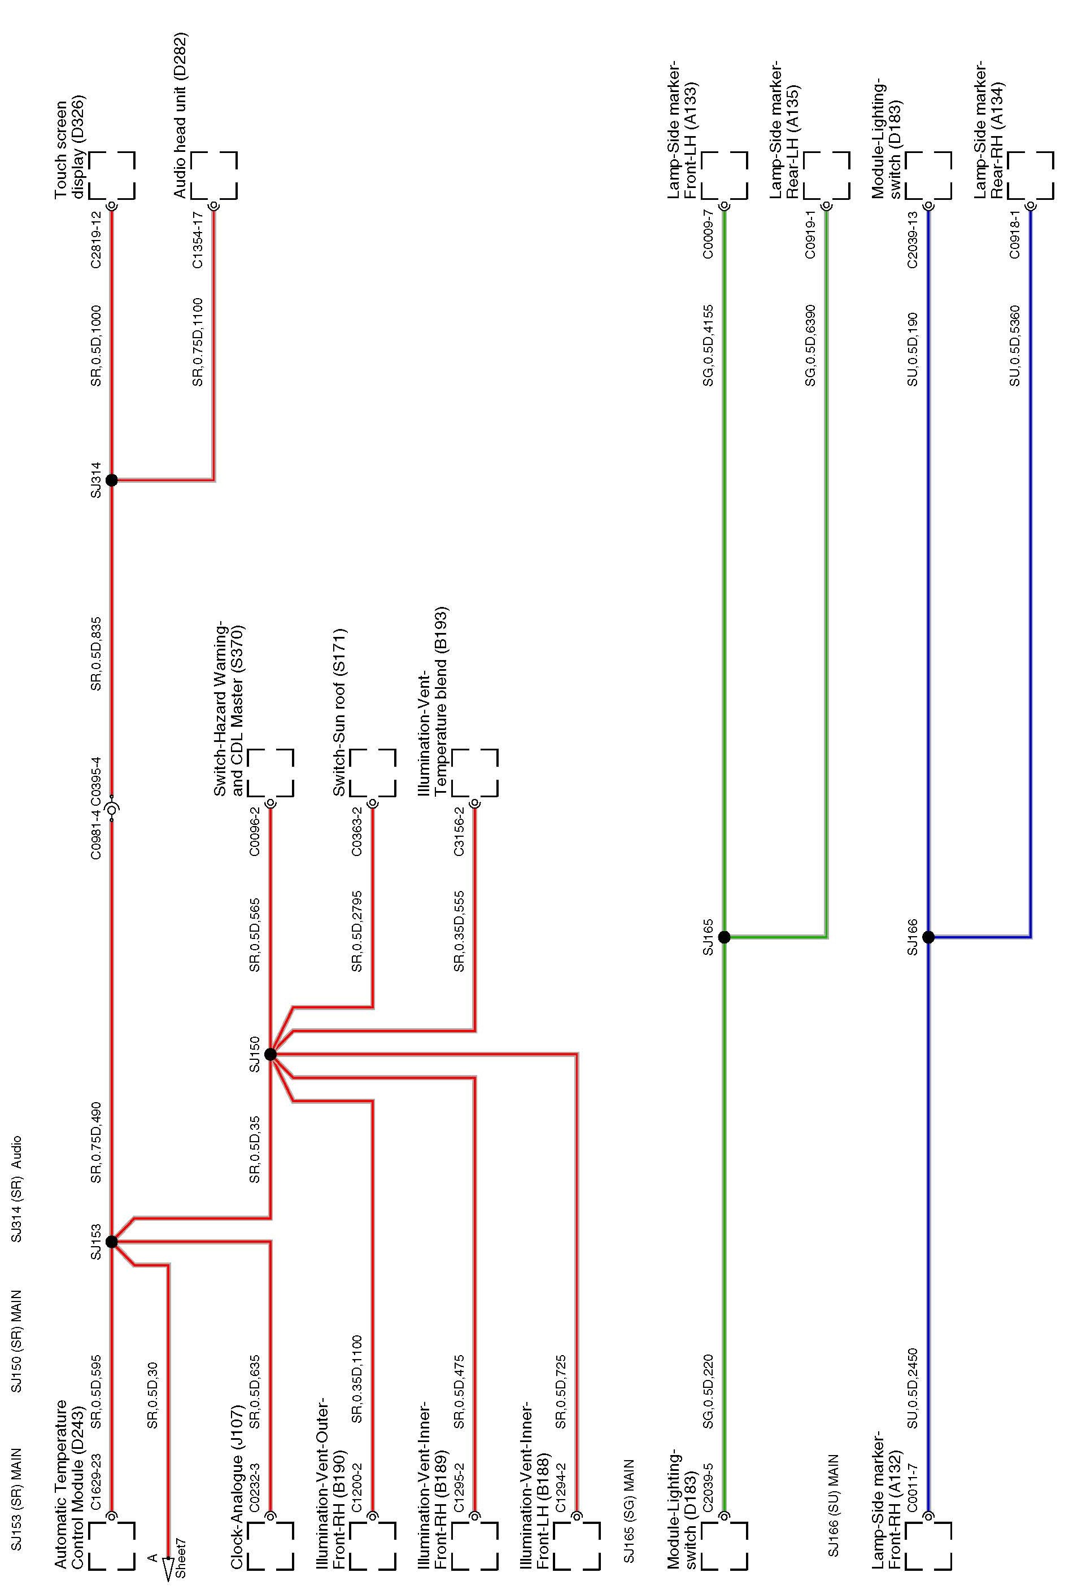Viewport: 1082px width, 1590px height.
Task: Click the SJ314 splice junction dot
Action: click(112, 481)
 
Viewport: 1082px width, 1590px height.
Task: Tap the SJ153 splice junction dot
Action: click(112, 1241)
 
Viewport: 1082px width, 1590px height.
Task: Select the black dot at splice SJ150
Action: click(270, 1054)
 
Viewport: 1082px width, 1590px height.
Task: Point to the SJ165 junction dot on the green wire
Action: click(724, 937)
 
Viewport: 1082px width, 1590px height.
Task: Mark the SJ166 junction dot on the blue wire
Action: click(928, 937)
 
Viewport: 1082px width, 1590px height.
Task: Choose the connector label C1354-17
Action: click(198, 239)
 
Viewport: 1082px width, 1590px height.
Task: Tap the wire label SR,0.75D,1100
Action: click(198, 342)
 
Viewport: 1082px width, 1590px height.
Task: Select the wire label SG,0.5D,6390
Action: click(810, 346)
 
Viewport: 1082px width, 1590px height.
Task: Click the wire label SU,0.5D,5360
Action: click(1014, 346)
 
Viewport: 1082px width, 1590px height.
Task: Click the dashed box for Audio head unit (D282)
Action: click(214, 175)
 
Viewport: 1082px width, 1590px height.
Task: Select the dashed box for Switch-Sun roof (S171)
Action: click(373, 773)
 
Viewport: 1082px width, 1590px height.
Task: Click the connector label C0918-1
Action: click(1014, 234)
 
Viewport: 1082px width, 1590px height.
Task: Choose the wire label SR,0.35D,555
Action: click(459, 931)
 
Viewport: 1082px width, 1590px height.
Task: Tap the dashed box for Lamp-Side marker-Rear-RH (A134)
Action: click(1031, 175)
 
